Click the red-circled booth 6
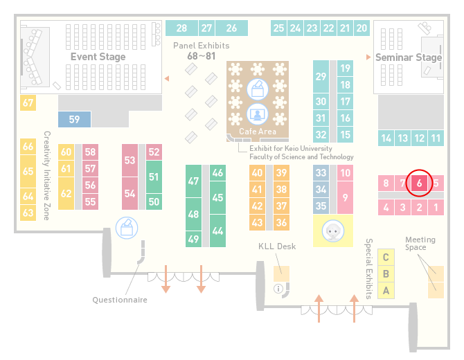click(x=419, y=183)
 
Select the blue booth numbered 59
click(x=74, y=120)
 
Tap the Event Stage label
click(x=98, y=57)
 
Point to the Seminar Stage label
click(x=409, y=57)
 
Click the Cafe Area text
click(x=258, y=132)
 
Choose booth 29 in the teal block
click(x=321, y=77)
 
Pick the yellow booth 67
click(x=28, y=103)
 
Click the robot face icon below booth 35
click(x=333, y=231)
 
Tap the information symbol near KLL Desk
click(x=278, y=289)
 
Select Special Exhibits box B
click(x=386, y=274)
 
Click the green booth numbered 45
click(x=217, y=197)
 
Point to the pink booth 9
click(x=345, y=197)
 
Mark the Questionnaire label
click(x=120, y=300)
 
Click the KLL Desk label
click(x=277, y=246)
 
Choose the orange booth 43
click(x=257, y=222)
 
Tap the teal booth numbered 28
click(x=181, y=28)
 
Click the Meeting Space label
click(x=420, y=244)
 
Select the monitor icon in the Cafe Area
click(x=258, y=114)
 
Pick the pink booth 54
click(x=130, y=193)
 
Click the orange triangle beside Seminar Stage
click(x=368, y=57)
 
